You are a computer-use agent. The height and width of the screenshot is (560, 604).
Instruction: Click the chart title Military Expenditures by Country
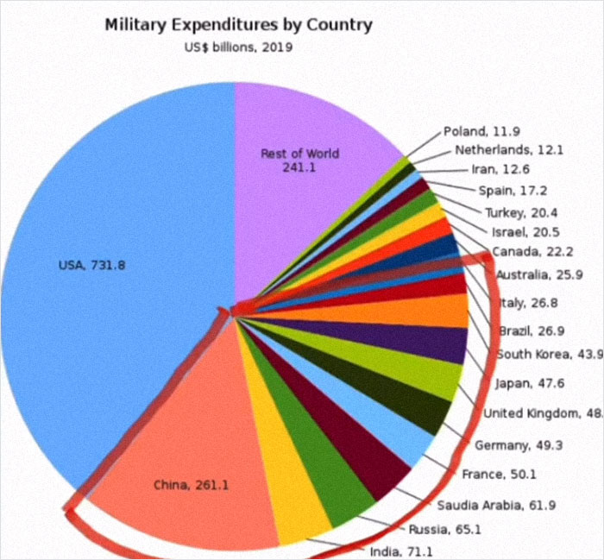[238, 24]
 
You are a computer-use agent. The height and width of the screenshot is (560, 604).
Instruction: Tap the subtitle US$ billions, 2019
[238, 47]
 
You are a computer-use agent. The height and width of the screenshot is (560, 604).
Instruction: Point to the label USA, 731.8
[92, 265]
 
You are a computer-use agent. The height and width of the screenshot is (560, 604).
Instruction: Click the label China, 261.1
[191, 485]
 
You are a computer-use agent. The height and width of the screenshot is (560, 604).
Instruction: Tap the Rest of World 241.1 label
[299, 160]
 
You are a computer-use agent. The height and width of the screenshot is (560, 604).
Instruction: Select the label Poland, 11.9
[482, 132]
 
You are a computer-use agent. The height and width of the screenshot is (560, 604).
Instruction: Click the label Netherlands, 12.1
[508, 149]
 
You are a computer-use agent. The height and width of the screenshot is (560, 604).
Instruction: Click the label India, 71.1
[400, 551]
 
